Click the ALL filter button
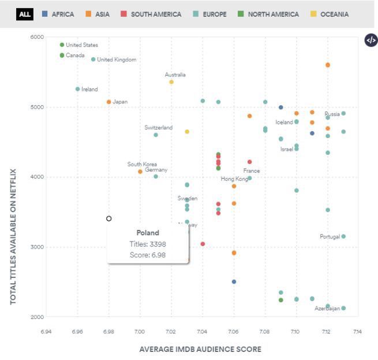click(x=25, y=14)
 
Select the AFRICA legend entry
click(x=58, y=14)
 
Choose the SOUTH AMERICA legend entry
click(x=151, y=14)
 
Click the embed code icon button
click(x=370, y=40)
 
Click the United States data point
click(x=62, y=45)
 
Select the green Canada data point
click(x=62, y=55)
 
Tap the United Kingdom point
click(x=93, y=60)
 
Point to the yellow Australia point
click(x=171, y=82)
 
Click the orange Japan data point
click(x=108, y=102)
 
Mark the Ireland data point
click(x=77, y=89)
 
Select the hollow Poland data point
click(x=108, y=218)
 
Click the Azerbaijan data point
click(x=343, y=308)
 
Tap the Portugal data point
click(x=343, y=236)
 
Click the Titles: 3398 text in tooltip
click(x=148, y=244)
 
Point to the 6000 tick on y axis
click(x=37, y=38)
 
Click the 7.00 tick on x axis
click(x=140, y=332)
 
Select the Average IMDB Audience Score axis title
click(x=200, y=349)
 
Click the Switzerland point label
click(x=159, y=128)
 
